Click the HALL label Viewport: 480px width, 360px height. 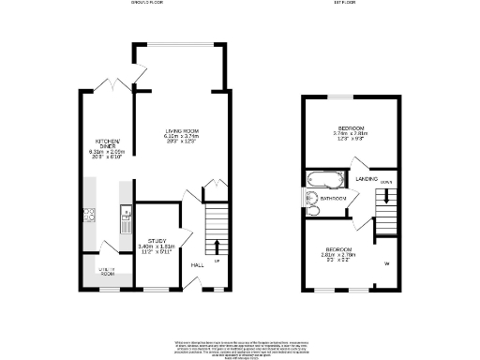[198, 265]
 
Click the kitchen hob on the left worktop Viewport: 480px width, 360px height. [89, 215]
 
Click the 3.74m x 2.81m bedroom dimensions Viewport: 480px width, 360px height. [350, 134]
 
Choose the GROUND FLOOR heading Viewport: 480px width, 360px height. [149, 4]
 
